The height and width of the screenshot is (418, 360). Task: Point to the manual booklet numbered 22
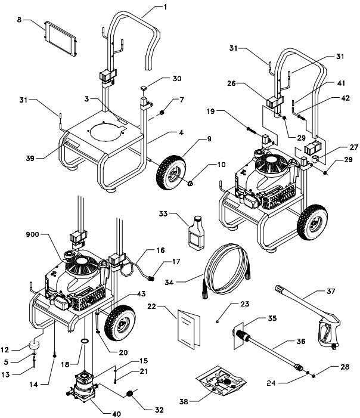pos(190,327)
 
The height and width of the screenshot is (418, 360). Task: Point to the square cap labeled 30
pos(144,88)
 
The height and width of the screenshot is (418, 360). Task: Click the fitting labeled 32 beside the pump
pos(130,394)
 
